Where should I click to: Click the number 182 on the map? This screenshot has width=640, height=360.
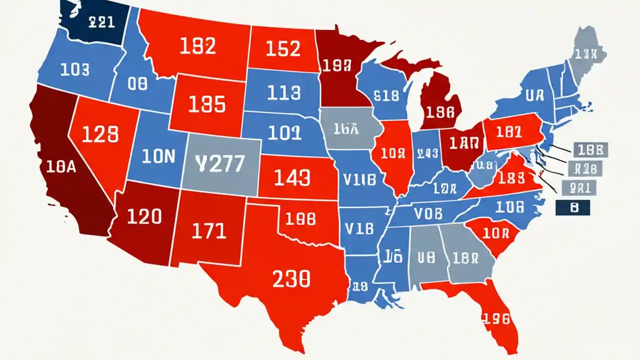point(197,46)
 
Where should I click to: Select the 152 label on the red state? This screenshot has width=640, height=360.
point(282,48)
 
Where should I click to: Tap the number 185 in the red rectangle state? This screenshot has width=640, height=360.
point(207,104)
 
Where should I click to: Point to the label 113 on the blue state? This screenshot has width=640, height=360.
point(283,92)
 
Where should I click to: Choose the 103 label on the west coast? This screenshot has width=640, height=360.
point(74,69)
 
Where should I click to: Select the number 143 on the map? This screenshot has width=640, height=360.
point(292,177)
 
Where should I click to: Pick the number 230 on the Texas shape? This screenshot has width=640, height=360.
point(291,278)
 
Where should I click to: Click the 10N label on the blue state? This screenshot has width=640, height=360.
point(158,156)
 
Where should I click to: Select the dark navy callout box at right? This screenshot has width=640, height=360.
point(573,207)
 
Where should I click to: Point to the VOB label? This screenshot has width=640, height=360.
point(428,213)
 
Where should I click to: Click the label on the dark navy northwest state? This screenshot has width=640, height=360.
point(101,21)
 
